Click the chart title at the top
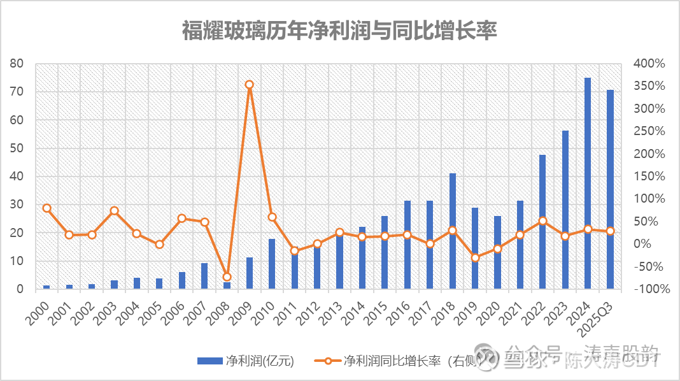pos(339,31)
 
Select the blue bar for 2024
pos(588,183)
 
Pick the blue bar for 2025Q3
pos(610,189)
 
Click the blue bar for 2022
pos(542,222)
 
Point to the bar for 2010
pos(272,264)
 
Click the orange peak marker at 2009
pos(250,84)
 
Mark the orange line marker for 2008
pos(227,277)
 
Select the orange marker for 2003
pos(114,210)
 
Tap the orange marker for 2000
pos(46,208)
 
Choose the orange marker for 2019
pos(475,257)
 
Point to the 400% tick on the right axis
pos(649,64)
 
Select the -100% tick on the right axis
pos(651,289)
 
